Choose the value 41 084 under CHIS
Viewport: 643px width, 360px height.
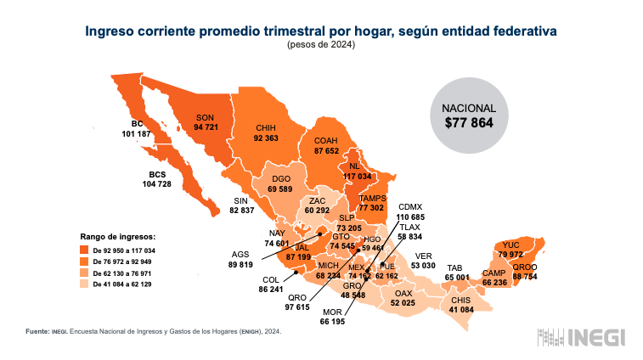(461, 310)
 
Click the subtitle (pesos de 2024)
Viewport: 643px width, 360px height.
(321, 44)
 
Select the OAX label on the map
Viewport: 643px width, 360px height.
(403, 293)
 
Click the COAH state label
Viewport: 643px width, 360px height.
(327, 140)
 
